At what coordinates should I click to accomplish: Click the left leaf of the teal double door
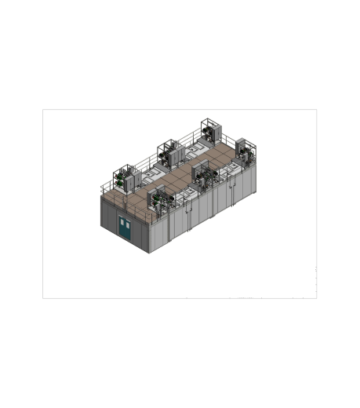click(122, 227)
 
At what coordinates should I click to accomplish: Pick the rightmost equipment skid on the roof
click(245, 151)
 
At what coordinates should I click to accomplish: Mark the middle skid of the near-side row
click(205, 175)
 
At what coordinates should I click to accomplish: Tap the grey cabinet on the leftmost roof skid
click(131, 177)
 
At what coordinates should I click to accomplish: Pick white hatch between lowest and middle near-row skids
click(187, 189)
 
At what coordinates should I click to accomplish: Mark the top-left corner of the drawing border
click(42, 109)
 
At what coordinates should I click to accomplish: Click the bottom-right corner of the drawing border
click(317, 298)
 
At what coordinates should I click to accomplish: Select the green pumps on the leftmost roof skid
click(120, 180)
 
